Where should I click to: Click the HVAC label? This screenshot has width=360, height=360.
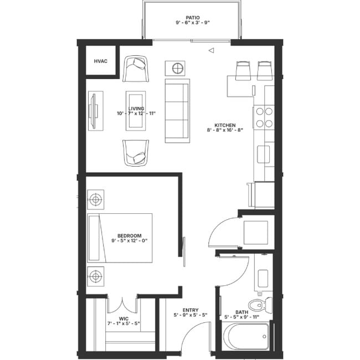click(100, 61)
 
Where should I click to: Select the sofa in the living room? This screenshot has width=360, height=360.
click(177, 110)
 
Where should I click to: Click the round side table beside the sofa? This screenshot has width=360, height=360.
click(177, 69)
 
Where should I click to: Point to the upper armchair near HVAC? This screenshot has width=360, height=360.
click(136, 69)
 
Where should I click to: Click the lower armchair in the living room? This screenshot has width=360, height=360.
click(136, 152)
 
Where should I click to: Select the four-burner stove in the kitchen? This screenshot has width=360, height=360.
click(264, 117)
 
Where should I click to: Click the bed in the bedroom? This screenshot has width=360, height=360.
click(120, 238)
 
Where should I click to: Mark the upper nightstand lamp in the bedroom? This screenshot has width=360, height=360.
click(96, 198)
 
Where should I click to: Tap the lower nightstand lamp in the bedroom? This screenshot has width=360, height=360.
click(96, 275)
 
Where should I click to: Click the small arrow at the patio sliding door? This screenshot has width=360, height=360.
click(210, 51)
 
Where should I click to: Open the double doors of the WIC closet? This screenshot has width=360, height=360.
click(122, 306)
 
